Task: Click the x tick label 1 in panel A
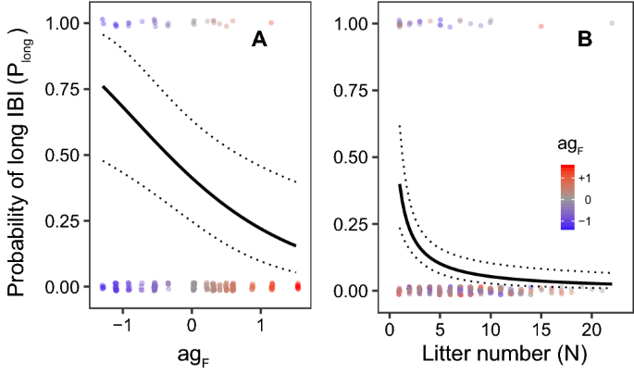pos(262,327)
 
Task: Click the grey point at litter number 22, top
pos(611,23)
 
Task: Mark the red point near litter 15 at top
pos(541,26)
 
